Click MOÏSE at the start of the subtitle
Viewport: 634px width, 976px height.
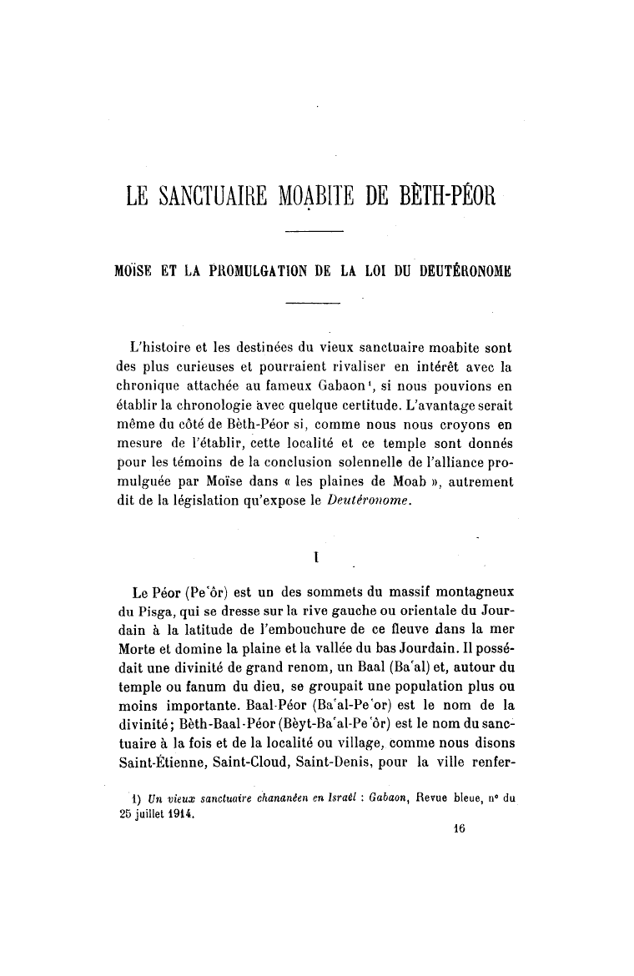[137, 270]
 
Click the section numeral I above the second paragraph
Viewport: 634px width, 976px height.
[314, 554]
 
